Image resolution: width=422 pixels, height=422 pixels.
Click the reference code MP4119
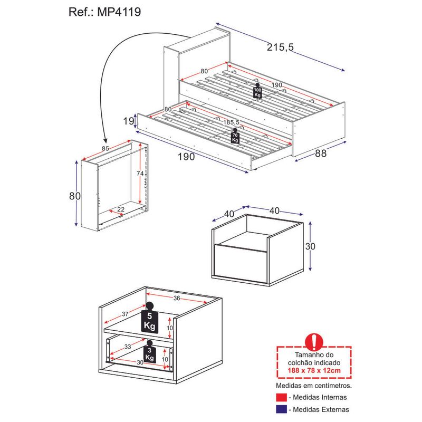pos(119,12)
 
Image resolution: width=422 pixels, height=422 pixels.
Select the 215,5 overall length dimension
pos(280,47)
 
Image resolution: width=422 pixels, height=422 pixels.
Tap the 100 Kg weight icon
pos(257,90)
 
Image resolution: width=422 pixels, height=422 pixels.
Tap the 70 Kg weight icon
pos(235,136)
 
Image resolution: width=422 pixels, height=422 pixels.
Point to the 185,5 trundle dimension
pos(231,122)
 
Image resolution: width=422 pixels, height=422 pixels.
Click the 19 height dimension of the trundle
pos(128,121)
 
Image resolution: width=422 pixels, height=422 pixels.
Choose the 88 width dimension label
pos(321,154)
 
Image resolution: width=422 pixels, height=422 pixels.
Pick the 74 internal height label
pos(140,174)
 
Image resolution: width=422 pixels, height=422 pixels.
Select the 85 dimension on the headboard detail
pos(105,149)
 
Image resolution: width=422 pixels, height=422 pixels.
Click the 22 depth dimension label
pos(121,209)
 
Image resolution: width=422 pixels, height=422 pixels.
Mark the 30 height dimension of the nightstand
pos(310,246)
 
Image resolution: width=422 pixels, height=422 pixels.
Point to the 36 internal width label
pos(177,298)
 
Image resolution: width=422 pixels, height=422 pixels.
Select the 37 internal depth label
pos(125,314)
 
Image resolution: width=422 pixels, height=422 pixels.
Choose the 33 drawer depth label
pos(128,347)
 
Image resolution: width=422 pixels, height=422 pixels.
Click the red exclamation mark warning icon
pos(314,342)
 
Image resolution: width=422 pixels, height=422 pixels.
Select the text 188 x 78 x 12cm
pos(314,370)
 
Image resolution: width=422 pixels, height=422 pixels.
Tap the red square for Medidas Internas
pos(281,398)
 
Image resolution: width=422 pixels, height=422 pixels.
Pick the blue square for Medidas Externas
pos(281,409)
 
